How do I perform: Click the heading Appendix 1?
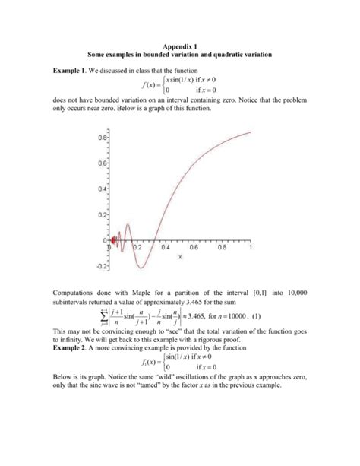179,46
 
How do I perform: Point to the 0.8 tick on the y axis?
102,138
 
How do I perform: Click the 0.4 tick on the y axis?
102,188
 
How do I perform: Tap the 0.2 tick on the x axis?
137,248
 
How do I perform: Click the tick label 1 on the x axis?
250,248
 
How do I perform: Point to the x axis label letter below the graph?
180,256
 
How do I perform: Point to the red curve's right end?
250,132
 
